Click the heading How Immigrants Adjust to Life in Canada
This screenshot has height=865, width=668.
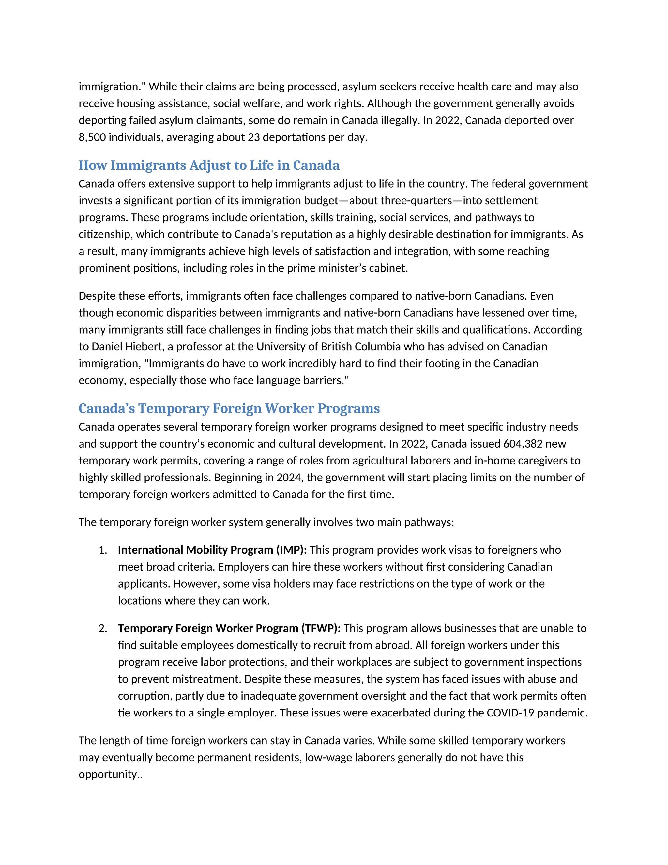pyautogui.click(x=209, y=165)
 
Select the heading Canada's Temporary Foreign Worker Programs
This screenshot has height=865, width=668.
pyautogui.click(x=229, y=408)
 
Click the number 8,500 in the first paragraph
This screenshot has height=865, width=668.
pyautogui.click(x=92, y=137)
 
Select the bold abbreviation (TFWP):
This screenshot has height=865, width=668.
pyautogui.click(x=321, y=629)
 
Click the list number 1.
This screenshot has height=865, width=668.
pyautogui.click(x=102, y=550)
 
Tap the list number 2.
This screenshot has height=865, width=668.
pyautogui.click(x=102, y=629)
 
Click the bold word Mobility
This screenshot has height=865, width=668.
pyautogui.click(x=206, y=550)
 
